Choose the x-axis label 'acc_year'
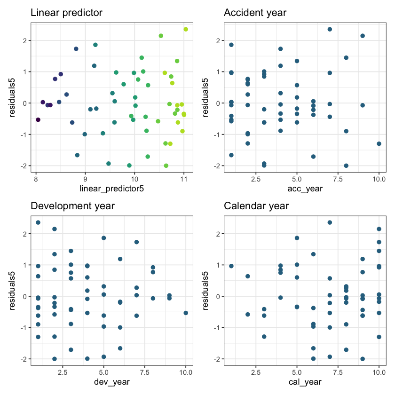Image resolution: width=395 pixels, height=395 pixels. (305, 189)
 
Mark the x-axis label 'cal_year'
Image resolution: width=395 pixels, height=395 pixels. (305, 382)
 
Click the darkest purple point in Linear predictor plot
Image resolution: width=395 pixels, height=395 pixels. (38, 120)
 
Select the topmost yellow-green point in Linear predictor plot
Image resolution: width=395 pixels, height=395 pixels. (186, 29)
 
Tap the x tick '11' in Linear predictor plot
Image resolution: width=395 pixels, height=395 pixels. (184, 179)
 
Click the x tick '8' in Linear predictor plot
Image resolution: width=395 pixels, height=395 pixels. (36, 179)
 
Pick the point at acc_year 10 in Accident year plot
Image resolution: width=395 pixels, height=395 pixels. (379, 144)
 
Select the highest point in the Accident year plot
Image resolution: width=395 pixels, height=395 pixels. (330, 29)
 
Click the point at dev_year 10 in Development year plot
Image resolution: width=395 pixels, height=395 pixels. (186, 313)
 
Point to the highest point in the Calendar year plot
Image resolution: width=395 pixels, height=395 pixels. (330, 222)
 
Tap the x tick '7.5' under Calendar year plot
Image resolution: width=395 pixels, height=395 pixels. (338, 372)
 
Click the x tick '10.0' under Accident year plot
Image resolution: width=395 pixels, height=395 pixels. (379, 179)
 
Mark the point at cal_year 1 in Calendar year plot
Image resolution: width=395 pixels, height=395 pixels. (231, 266)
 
